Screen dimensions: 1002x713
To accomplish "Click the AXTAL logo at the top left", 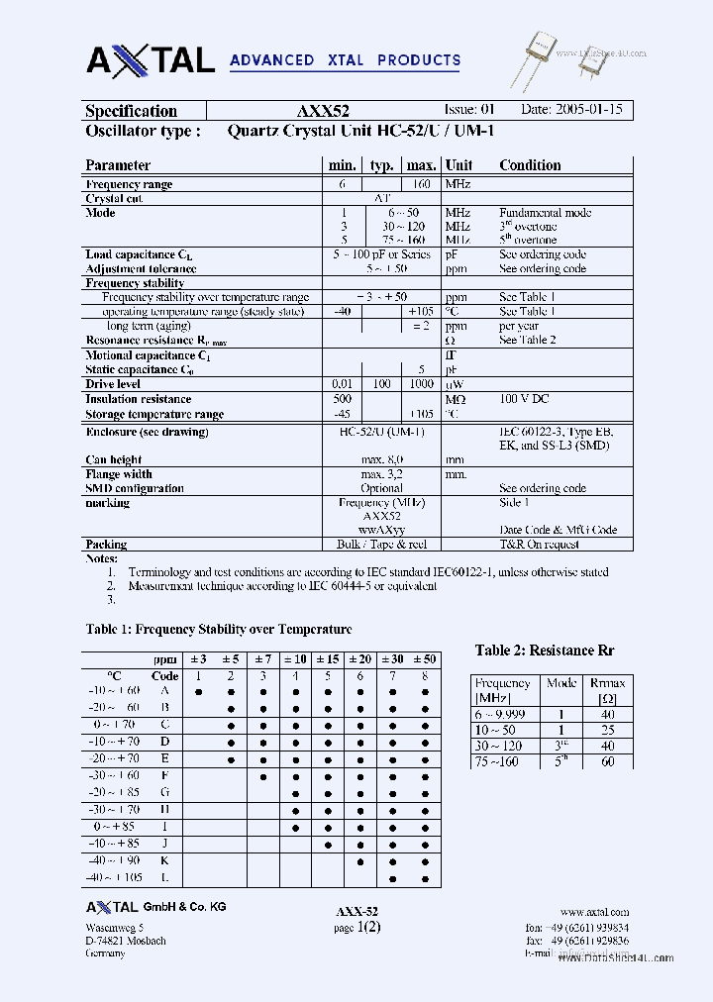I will [x=151, y=59].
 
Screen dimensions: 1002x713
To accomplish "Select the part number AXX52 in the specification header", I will [x=322, y=112].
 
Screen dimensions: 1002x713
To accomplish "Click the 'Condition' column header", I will [x=530, y=165].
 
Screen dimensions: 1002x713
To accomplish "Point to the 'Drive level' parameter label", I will [x=113, y=384].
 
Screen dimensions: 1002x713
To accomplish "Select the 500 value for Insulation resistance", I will [x=342, y=399].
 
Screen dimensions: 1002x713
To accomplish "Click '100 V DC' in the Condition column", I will [x=524, y=399].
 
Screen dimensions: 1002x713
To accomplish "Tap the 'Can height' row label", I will [x=113, y=459].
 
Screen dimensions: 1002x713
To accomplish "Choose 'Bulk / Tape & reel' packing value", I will [x=381, y=545].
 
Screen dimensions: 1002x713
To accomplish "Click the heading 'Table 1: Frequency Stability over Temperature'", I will [x=219, y=629].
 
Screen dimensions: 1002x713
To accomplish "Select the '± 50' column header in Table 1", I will [x=425, y=659].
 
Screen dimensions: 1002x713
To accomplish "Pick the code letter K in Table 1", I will [x=164, y=861].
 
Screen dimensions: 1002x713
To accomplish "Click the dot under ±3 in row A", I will [x=198, y=691].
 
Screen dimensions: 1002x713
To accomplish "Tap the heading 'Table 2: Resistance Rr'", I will [x=545, y=651].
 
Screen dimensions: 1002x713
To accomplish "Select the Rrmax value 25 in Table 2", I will [x=607, y=730].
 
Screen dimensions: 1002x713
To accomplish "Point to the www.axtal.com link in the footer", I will [x=594, y=912].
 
